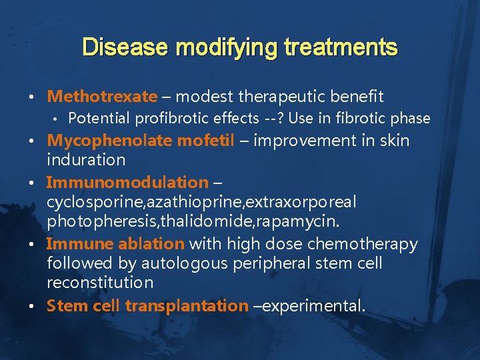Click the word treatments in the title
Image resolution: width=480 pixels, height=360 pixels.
pos(341,47)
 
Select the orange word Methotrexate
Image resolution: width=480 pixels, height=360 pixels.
pos(102,97)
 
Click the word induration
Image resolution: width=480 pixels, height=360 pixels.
pos(86,160)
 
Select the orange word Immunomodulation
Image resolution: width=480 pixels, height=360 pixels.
pos(127,182)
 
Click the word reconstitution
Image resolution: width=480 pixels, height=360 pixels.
pos(100,282)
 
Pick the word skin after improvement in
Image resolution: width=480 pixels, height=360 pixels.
pos(395,141)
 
